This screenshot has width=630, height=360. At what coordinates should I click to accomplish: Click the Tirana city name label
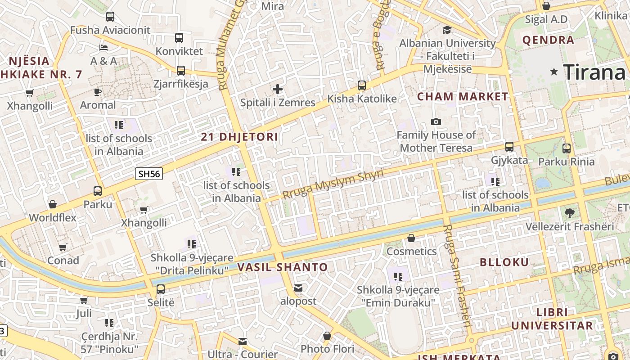click(x=594, y=72)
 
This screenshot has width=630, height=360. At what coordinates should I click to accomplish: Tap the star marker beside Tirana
click(x=554, y=72)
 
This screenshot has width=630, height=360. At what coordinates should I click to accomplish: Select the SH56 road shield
click(x=149, y=174)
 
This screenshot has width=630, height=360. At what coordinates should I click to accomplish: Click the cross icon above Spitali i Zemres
click(x=278, y=89)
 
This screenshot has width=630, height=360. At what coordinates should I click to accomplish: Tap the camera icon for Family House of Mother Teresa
click(x=436, y=122)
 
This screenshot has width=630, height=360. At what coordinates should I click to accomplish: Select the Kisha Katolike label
click(x=362, y=99)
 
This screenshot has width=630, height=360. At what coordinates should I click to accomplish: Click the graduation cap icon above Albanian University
click(x=447, y=30)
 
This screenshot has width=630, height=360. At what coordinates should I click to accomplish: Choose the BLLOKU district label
click(x=504, y=262)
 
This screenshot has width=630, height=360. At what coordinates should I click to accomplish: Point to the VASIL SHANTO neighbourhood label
click(x=283, y=267)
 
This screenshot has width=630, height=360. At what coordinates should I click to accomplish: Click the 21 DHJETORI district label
click(x=239, y=137)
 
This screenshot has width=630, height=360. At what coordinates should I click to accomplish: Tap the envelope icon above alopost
click(x=298, y=288)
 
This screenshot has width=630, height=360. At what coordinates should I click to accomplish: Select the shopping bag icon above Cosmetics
click(x=411, y=238)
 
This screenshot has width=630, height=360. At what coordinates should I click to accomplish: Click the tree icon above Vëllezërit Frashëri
click(x=569, y=213)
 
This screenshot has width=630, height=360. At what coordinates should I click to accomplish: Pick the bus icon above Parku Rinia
click(x=567, y=148)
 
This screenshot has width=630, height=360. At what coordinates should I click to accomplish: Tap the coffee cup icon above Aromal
click(x=98, y=92)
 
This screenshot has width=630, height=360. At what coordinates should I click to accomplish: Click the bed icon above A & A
click(x=103, y=48)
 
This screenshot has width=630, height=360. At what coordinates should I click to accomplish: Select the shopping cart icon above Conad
click(x=63, y=247)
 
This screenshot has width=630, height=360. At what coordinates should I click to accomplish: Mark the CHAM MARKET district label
click(x=463, y=96)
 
